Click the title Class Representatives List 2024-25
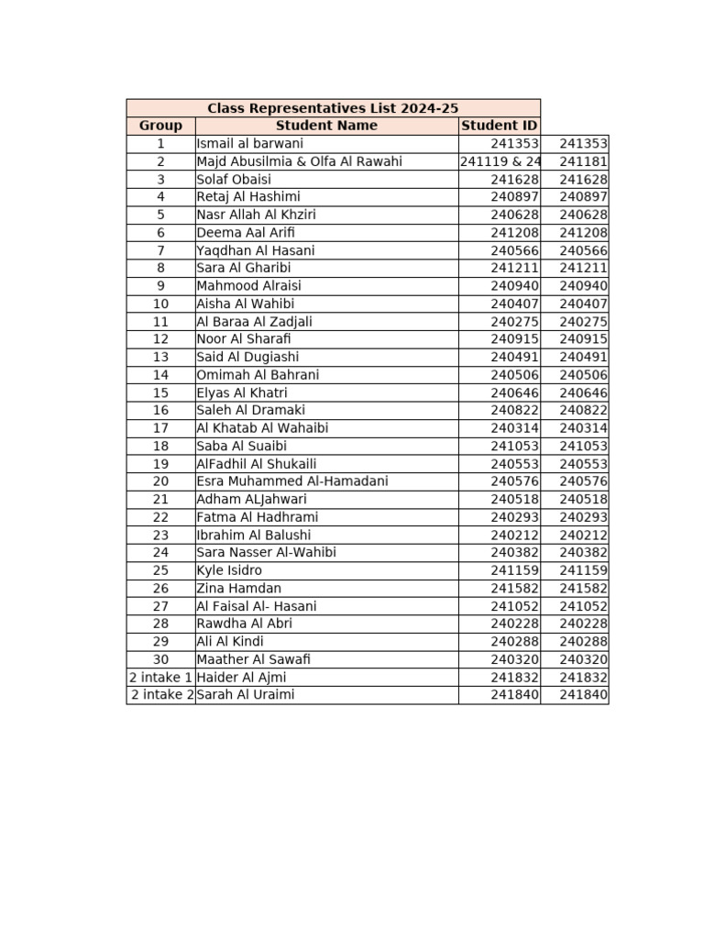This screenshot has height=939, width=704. [x=333, y=108]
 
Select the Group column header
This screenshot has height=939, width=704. [x=160, y=126]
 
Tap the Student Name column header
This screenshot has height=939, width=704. [x=326, y=126]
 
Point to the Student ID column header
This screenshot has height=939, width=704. [x=499, y=126]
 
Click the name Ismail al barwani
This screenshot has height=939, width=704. [x=249, y=144]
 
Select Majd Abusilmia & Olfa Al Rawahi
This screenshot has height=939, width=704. [x=299, y=161]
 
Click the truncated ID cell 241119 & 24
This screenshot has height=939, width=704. [x=500, y=161]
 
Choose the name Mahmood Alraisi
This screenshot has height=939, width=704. [x=248, y=286]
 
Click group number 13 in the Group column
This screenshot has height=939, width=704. [x=160, y=357]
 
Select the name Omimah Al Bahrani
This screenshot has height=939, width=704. [x=258, y=375]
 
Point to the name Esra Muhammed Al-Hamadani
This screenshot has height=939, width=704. [x=291, y=481]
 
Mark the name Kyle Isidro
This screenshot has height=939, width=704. [x=229, y=570]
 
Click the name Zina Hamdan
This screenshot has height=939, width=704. [x=238, y=588]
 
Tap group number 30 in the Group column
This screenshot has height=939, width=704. [x=160, y=659]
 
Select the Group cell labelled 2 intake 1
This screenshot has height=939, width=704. [x=160, y=677]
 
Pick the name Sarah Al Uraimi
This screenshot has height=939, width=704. [x=246, y=695]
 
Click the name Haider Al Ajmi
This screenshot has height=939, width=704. [x=241, y=677]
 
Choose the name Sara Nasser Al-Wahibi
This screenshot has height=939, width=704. [x=266, y=553]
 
